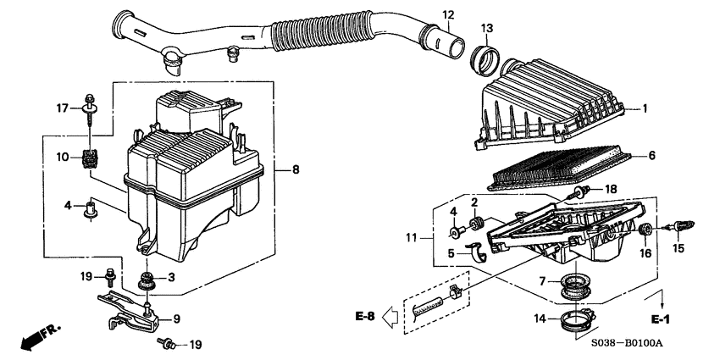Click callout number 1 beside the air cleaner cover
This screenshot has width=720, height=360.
(x=645, y=108)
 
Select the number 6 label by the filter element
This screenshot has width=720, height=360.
(x=651, y=156)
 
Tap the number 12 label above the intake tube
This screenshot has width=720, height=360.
(x=448, y=14)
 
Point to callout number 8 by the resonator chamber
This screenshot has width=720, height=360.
(x=296, y=170)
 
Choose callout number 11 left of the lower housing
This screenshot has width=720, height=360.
(x=413, y=240)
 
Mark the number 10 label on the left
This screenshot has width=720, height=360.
(x=63, y=157)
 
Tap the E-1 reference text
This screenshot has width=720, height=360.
(x=660, y=320)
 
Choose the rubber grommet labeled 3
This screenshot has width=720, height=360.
(x=148, y=279)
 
